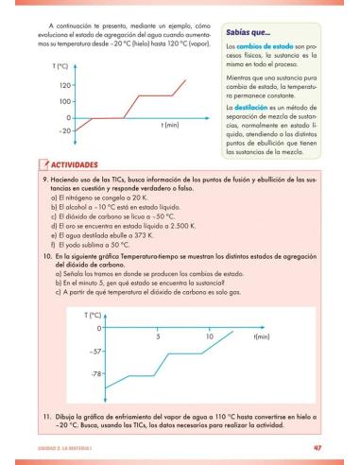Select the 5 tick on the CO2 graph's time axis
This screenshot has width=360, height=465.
pos(159,336)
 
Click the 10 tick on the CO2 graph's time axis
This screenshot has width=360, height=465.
pos(209,336)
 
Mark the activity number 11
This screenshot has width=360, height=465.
pos(45,416)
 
